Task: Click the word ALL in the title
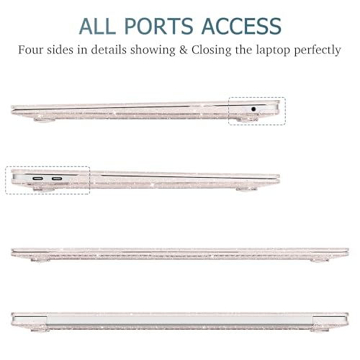click(97, 26)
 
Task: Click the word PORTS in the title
click(159, 26)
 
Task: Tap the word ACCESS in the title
click(241, 26)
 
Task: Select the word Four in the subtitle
click(31, 50)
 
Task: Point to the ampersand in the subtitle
click(184, 50)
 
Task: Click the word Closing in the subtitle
click(211, 50)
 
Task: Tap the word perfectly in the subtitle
click(318, 50)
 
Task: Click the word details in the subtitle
click(109, 50)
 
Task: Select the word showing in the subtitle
click(153, 50)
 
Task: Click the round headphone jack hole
click(253, 109)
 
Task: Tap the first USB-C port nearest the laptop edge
click(38, 179)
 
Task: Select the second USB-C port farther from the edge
click(57, 179)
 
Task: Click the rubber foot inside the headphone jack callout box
click(247, 120)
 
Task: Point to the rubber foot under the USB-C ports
click(44, 189)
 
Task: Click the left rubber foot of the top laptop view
click(45, 120)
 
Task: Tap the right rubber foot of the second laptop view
click(246, 189)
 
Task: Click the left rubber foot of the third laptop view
click(40, 260)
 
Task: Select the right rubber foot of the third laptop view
click(320, 260)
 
